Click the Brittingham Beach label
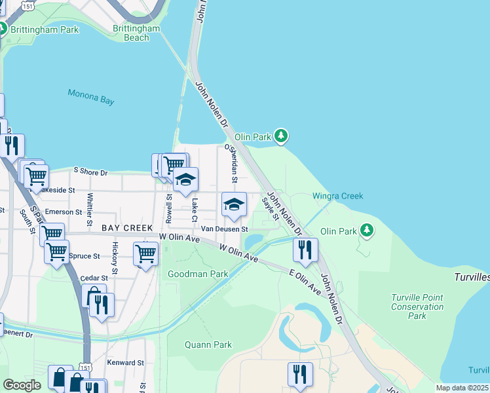136,33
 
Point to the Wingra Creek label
337,196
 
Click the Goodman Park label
198,274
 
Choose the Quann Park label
208,345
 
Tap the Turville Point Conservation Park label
417,307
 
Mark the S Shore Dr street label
90,172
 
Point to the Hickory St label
115,257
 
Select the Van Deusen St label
224,229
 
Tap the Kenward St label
126,362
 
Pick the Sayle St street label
271,208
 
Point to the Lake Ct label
195,208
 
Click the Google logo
22,385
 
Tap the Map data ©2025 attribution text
461,388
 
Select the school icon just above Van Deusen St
234,205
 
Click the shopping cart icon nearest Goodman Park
145,253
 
